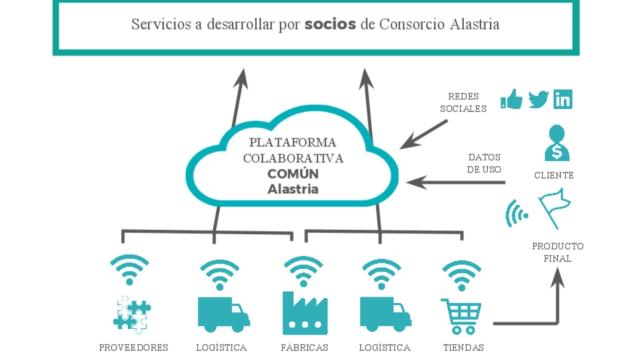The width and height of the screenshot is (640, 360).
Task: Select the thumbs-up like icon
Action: (512, 100)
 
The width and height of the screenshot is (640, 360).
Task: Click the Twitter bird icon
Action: (538, 100)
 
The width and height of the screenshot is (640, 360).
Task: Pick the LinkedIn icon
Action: (563, 100)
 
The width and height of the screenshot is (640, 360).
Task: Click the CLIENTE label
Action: (554, 175)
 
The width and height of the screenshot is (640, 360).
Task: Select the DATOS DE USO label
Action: (484, 163)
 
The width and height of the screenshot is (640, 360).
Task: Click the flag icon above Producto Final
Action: (552, 208)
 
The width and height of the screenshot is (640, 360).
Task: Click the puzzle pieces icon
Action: (131, 314)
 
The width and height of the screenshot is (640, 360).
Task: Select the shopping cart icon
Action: (461, 316)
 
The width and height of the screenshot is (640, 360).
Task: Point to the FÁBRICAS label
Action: (303, 348)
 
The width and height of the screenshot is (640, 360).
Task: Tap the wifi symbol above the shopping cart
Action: (462, 273)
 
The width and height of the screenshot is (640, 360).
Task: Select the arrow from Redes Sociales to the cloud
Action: (424, 130)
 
